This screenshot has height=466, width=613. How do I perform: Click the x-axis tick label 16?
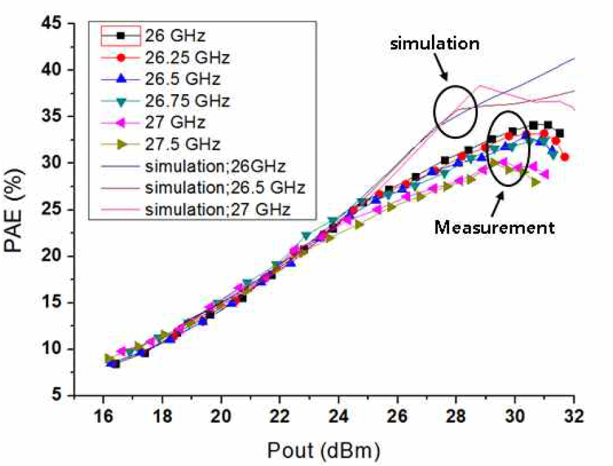(x=103, y=419)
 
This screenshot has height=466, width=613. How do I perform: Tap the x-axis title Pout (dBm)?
(x=324, y=450)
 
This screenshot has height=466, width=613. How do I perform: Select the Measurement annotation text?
(x=494, y=228)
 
